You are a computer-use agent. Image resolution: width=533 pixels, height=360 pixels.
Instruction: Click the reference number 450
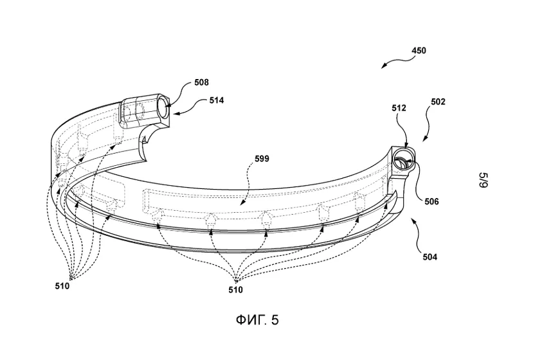pyautogui.click(x=419, y=51)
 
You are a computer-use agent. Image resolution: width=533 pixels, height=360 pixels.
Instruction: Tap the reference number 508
pyautogui.click(x=202, y=82)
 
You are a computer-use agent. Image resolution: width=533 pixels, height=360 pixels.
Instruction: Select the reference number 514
pyautogui.click(x=217, y=100)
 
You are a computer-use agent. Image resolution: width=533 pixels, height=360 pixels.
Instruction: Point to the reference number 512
pyautogui.click(x=399, y=108)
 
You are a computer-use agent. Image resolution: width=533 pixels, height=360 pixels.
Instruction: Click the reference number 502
pyautogui.click(x=438, y=102)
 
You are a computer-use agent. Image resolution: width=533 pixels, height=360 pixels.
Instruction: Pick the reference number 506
pyautogui.click(x=431, y=202)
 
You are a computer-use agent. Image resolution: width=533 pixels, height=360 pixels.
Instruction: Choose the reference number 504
pyautogui.click(x=430, y=257)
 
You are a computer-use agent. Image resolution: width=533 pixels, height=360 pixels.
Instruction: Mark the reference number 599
pyautogui.click(x=262, y=159)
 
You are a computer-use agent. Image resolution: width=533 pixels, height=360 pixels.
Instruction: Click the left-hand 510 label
pyautogui.click(x=62, y=286)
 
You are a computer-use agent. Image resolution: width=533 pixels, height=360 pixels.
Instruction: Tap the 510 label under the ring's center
pyautogui.click(x=235, y=290)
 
